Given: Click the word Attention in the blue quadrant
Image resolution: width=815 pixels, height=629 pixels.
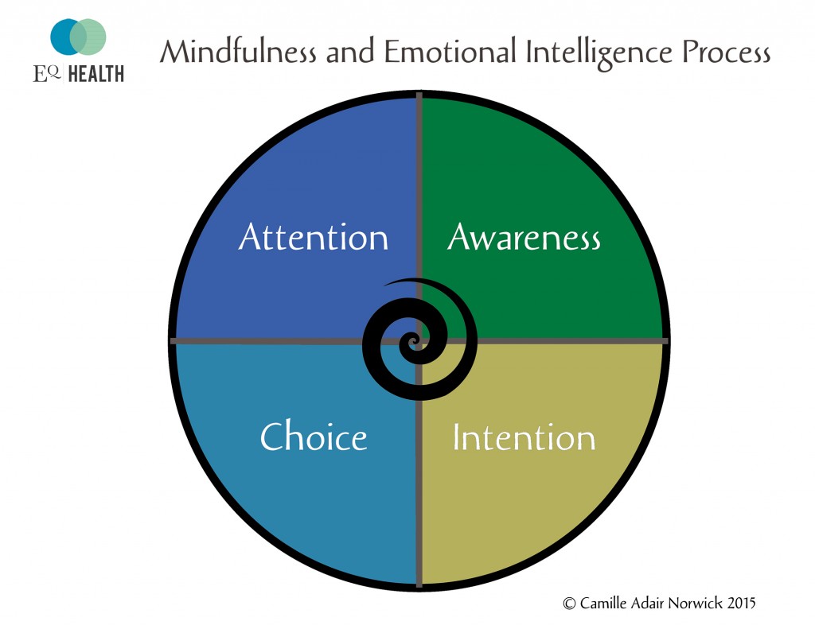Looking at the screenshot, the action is point(314,237).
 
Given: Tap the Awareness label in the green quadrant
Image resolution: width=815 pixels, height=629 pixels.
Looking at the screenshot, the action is point(524,237).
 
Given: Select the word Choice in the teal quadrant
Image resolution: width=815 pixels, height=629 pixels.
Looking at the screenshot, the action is point(314,436).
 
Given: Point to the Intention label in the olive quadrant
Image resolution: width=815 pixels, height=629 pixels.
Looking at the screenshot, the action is point(524,437).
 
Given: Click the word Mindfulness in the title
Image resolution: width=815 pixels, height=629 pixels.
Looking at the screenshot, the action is point(238,52).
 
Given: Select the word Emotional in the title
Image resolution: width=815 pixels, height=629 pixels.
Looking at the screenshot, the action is point(450,52).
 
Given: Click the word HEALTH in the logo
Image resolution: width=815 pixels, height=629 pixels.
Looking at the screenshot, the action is point(96,74).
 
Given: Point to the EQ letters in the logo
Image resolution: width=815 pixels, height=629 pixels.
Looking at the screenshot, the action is point(47,74).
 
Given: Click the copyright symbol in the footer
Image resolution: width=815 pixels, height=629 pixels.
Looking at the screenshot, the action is point(569,604).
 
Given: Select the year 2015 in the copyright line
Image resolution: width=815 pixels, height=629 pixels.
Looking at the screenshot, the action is point(741,603).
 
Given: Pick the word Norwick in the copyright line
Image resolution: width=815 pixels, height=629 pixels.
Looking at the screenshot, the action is point(696,603).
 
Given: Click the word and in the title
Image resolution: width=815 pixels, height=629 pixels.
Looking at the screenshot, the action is point(350,52).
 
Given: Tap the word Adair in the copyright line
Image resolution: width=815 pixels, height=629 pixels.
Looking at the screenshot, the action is point(647,603).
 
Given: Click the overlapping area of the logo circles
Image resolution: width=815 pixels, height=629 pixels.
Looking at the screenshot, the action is point(78,37).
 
